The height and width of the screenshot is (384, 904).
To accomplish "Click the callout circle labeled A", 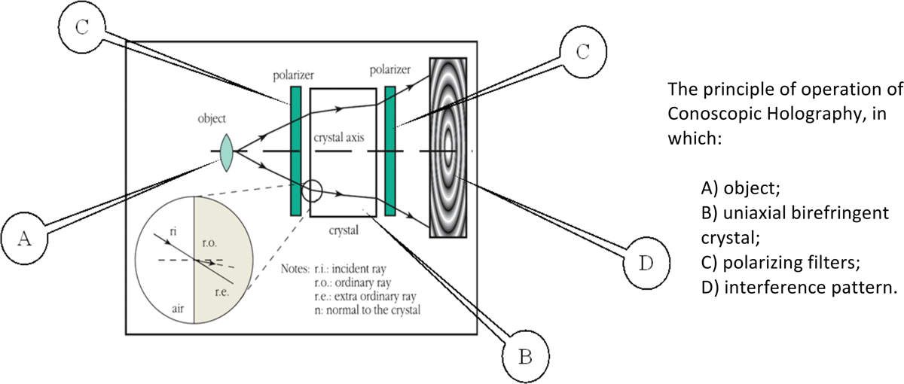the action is point(24,239).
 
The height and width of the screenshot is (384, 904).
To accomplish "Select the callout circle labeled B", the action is point(526,357).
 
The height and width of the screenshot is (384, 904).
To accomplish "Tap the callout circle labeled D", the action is point(646,263).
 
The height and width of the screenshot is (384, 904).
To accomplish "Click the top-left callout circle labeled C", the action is point(82,27).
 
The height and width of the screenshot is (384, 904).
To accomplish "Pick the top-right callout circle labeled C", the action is point(583,52).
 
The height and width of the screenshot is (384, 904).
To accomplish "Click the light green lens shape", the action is point(227,152).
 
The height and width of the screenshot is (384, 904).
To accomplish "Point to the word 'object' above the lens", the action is point(212,119).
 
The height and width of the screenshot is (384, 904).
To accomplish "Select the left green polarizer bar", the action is point(296,151).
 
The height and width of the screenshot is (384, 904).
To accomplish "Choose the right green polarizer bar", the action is point(390,151).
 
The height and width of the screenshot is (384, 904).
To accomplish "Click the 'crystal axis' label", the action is point(339,138).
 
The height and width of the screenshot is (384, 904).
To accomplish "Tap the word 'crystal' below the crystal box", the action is point(344,230).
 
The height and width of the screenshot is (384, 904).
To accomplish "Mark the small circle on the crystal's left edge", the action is point(312,190).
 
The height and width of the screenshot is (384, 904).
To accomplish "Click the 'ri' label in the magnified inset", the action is point(173,231).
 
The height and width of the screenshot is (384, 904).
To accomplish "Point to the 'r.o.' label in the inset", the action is point(209,243).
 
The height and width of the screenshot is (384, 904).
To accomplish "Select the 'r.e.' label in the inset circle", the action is point(222,292).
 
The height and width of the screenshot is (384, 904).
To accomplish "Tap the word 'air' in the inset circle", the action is point(178,309).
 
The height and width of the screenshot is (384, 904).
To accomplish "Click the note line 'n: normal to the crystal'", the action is point(368,310).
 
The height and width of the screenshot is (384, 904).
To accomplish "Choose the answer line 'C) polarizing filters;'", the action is point(781,263).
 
